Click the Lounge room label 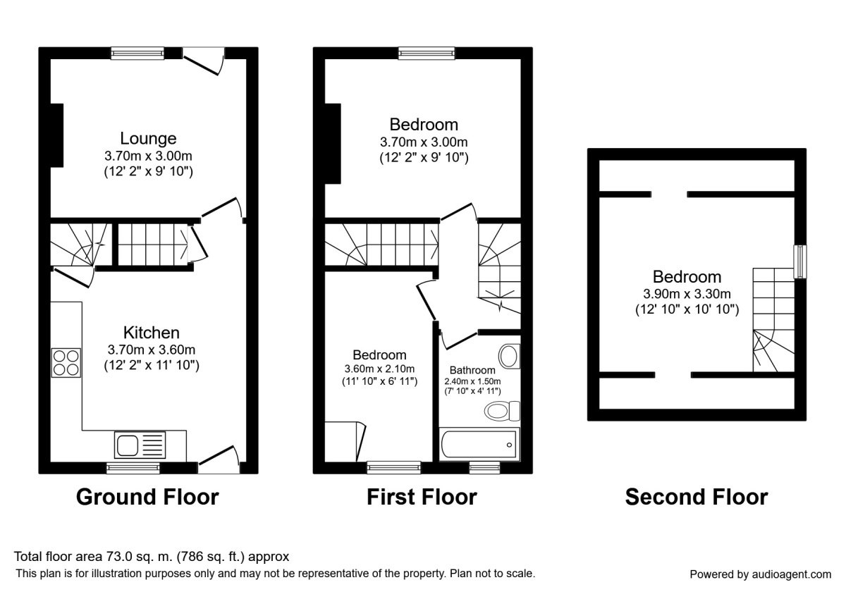(147, 138)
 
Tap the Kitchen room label (152, 333)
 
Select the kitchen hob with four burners (66, 363)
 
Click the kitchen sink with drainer (140, 445)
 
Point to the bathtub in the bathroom (479, 443)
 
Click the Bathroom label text (472, 370)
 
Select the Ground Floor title (147, 497)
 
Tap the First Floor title (422, 497)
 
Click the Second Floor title (697, 497)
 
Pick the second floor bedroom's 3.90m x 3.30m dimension (687, 294)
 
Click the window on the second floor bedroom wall (800, 261)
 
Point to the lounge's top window (137, 52)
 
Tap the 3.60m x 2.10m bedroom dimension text (379, 369)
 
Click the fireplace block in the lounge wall (56, 135)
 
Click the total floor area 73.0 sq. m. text (152, 557)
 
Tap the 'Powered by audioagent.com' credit (760, 574)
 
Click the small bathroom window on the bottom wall (485, 467)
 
